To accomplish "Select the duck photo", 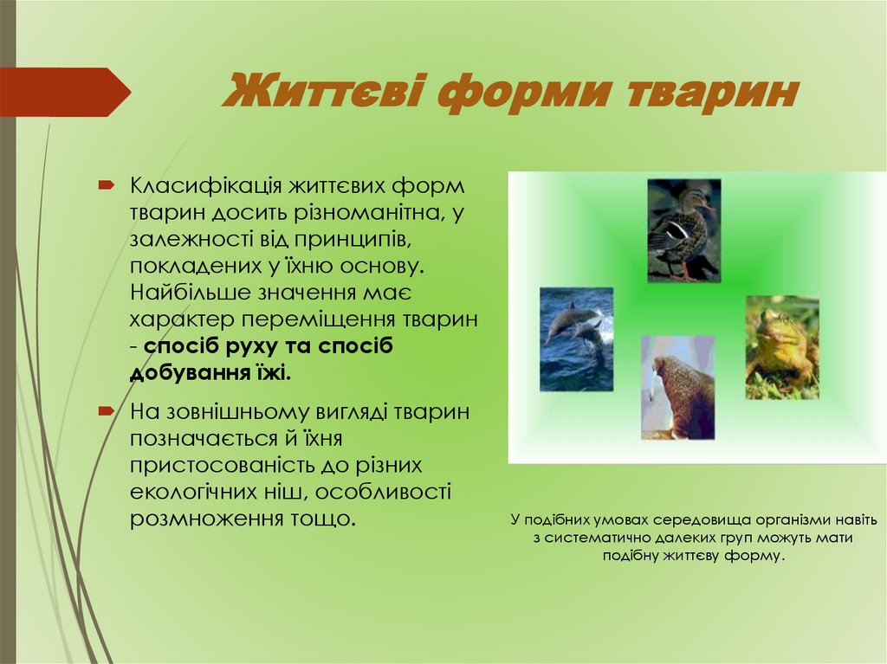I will pyautogui.click(x=684, y=229).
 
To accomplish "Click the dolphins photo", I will pyautogui.click(x=576, y=338).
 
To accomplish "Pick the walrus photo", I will pyautogui.click(x=677, y=387).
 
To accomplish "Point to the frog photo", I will pyautogui.click(x=782, y=347).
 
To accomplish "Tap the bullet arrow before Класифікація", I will pyautogui.click(x=106, y=185).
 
